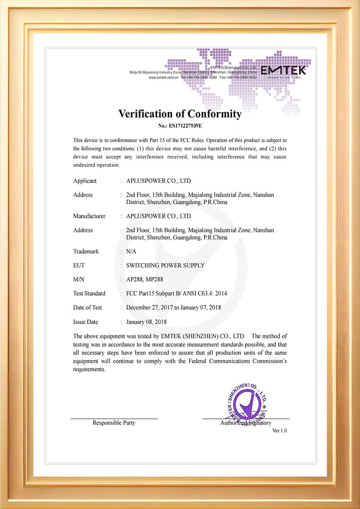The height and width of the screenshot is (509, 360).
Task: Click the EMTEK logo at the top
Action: tap(283, 71)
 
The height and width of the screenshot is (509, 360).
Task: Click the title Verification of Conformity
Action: tap(180, 114)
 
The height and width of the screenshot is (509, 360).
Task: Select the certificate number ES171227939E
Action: tap(180, 126)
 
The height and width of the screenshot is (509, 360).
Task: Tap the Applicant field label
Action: tap(85, 181)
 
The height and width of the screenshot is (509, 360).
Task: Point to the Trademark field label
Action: tap(86, 251)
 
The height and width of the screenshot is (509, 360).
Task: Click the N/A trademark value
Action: tap(131, 251)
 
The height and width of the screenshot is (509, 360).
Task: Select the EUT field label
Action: tap(79, 265)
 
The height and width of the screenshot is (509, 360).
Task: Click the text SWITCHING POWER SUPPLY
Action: tap(165, 265)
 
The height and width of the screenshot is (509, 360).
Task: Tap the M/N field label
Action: tap(79, 279)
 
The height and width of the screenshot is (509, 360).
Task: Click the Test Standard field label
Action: tap(89, 293)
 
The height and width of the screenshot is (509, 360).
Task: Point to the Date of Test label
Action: tap(87, 307)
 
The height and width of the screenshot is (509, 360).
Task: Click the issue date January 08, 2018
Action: tap(146, 322)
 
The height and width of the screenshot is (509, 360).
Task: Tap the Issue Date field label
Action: tap(86, 322)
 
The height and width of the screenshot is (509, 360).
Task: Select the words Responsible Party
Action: tap(114, 423)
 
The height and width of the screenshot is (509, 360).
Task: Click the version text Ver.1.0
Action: tap(279, 431)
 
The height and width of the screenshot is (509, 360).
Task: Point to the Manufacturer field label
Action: tap(89, 216)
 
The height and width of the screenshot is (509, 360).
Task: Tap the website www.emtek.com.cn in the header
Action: tap(163, 77)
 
